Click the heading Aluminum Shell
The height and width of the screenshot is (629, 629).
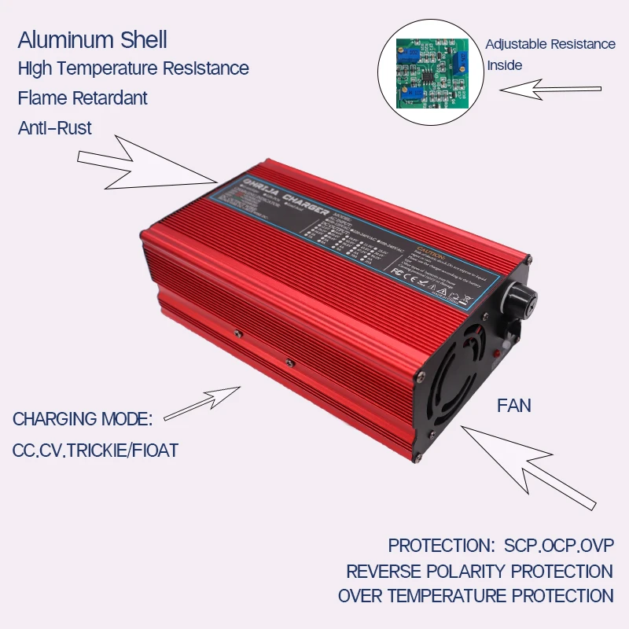tap(92, 40)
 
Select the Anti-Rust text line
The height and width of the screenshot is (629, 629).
tap(55, 127)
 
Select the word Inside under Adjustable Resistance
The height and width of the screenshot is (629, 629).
tap(504, 65)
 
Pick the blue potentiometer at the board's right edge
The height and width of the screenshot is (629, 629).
tap(463, 61)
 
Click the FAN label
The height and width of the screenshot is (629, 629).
tap(514, 406)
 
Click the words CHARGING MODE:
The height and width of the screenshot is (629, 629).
tap(83, 418)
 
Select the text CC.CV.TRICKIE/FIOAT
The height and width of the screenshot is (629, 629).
tap(95, 451)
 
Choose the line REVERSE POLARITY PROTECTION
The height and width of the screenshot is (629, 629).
tap(479, 571)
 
